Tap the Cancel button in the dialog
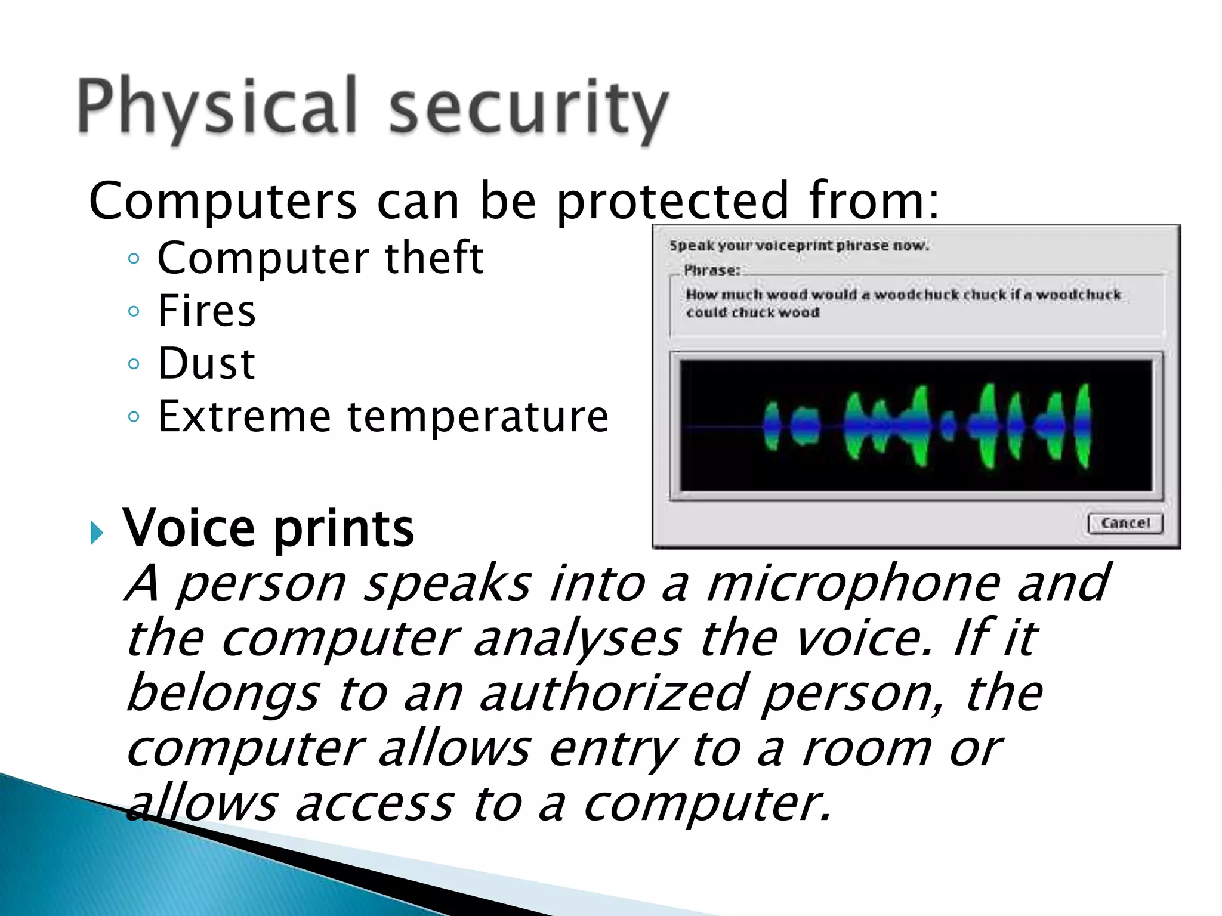pos(1125,523)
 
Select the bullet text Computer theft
pos(320,258)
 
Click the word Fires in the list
pos(206,311)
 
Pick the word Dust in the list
pos(206,363)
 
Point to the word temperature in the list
pos(478,416)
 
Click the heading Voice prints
pos(268,528)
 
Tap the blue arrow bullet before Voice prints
pos(97,532)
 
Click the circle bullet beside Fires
pos(134,311)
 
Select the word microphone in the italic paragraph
pos(853,583)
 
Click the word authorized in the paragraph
pos(613,693)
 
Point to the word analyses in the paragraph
pos(577,638)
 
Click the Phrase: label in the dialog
pos(711,270)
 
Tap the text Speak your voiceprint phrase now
pos(799,246)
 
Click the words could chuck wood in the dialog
pos(752,312)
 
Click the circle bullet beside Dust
pos(134,364)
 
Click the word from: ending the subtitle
pos(874,201)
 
